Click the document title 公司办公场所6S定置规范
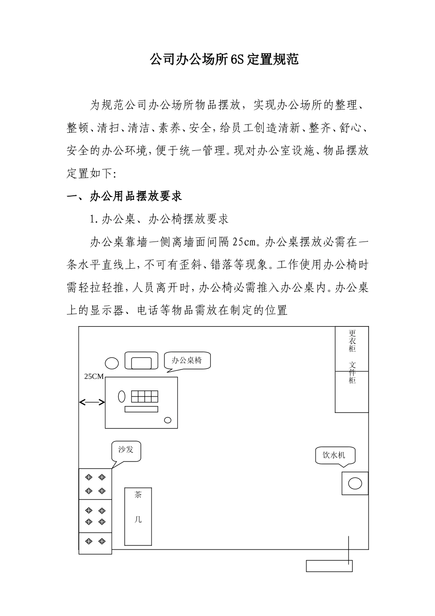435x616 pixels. (x=224, y=59)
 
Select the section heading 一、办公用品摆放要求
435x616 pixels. (x=125, y=197)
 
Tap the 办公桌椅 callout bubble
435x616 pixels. (x=187, y=360)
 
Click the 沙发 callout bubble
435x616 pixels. (x=126, y=450)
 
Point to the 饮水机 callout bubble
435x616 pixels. (x=334, y=455)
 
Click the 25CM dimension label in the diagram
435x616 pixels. (x=94, y=376)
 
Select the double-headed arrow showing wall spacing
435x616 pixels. (x=92, y=402)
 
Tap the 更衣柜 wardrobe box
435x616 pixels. (x=352, y=348)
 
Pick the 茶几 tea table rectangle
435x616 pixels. (x=138, y=516)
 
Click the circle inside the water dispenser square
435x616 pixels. (x=355, y=483)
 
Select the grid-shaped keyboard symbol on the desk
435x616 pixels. (x=144, y=396)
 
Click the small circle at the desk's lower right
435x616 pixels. (x=168, y=420)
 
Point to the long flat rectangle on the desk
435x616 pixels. (x=141, y=409)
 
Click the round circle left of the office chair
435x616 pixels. (x=112, y=363)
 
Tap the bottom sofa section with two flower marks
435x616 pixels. (x=95, y=543)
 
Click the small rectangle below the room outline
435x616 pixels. (x=329, y=566)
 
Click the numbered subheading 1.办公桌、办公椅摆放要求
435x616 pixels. (x=159, y=219)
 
